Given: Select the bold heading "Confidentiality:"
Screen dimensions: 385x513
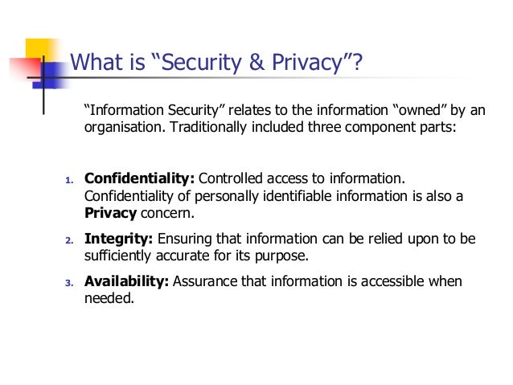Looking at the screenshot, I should click(139, 178).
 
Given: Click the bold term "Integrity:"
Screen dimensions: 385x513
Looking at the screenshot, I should click(119, 240).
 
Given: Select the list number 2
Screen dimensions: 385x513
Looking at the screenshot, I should click(68, 240).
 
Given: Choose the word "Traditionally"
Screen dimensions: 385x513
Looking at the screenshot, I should click(211, 128).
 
